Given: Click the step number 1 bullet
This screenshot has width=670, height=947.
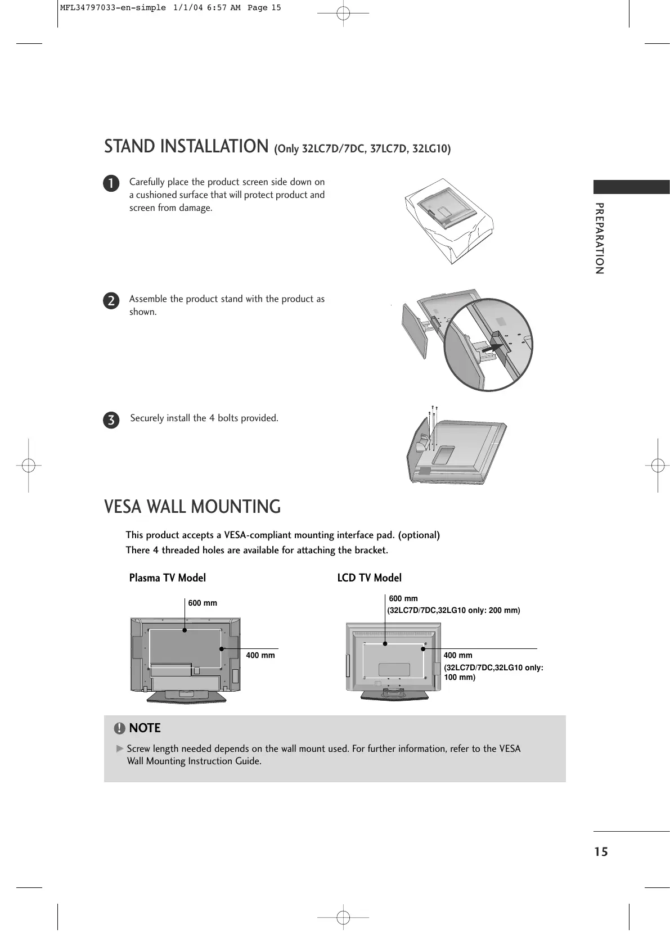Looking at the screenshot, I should pyautogui.click(x=111, y=183).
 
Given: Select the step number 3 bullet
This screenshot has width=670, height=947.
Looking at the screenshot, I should pyautogui.click(x=111, y=420).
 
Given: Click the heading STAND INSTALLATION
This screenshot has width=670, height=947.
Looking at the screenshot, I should pyautogui.click(x=186, y=146).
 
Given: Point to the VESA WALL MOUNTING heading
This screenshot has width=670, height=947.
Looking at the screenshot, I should pyautogui.click(x=192, y=507).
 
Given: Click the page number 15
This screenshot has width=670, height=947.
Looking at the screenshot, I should pyautogui.click(x=601, y=852).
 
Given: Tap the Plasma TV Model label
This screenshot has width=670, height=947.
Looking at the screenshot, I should pyautogui.click(x=168, y=578).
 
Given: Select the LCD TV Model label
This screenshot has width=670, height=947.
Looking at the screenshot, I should pyautogui.click(x=369, y=578).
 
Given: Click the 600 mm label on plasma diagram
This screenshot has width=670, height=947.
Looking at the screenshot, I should pyautogui.click(x=203, y=603).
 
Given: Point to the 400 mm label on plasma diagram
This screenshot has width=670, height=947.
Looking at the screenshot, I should pyautogui.click(x=260, y=655).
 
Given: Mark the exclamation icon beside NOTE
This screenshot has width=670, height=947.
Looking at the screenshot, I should pyautogui.click(x=119, y=728).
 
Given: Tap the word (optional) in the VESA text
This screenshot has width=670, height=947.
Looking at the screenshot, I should pyautogui.click(x=419, y=535).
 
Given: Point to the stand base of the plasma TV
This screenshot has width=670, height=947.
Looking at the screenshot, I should pyautogui.click(x=186, y=696).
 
